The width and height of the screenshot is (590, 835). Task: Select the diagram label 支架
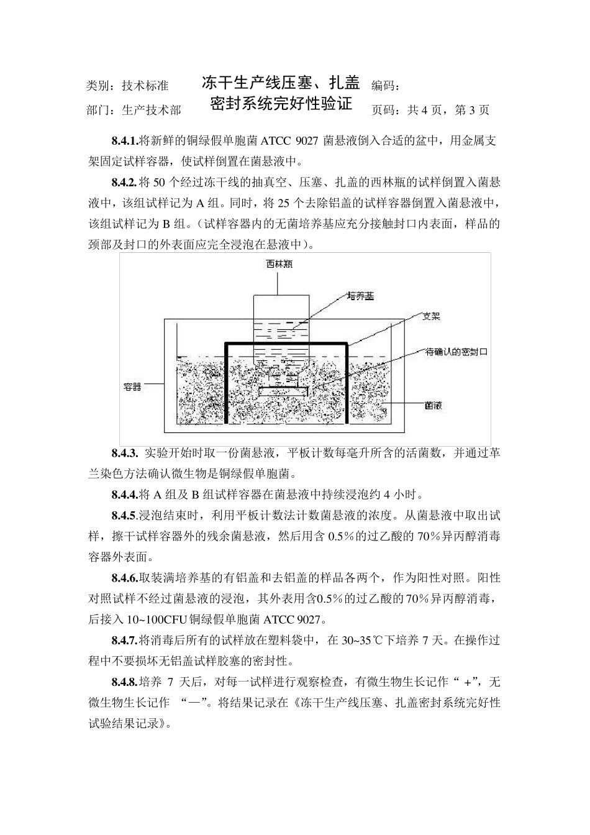431,317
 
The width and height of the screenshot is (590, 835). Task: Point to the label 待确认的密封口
456,352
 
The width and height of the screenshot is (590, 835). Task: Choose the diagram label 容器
132,386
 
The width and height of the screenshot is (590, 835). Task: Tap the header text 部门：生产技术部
134,111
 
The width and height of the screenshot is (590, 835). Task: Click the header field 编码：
389,86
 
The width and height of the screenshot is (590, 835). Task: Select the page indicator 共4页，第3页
447,111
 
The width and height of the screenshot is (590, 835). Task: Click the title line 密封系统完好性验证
281,103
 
